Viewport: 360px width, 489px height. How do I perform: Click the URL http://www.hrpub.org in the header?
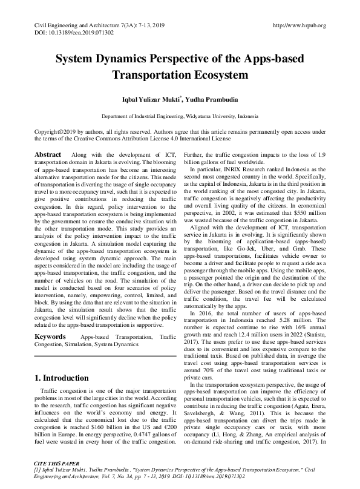click(299, 25)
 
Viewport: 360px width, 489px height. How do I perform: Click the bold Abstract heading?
click(48, 155)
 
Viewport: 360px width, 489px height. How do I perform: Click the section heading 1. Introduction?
click(63, 378)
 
